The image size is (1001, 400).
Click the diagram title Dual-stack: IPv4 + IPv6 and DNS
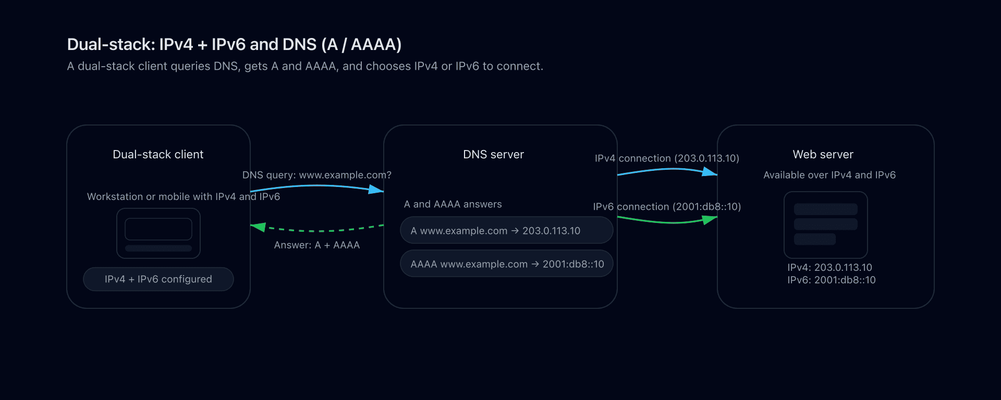234,45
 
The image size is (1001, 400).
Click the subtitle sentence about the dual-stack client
305,67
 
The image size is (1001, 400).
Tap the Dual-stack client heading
158,155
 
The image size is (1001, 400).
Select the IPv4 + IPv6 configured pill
158,279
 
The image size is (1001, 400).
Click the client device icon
158,233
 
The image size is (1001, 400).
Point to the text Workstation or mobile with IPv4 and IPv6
183,197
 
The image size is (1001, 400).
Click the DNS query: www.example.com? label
316,175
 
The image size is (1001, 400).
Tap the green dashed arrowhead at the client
258,227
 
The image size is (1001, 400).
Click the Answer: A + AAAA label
316,245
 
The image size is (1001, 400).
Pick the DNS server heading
493,155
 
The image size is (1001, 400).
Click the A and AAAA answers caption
453,205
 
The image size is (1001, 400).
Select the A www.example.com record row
506,231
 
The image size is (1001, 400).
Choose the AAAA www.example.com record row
506,264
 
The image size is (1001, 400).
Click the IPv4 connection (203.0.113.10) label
667,158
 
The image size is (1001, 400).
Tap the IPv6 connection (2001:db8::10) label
667,207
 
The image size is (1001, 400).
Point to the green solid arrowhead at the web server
710,220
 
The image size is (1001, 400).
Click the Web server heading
823,155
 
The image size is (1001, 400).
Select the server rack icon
825,224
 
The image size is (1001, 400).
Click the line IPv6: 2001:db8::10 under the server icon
831,280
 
